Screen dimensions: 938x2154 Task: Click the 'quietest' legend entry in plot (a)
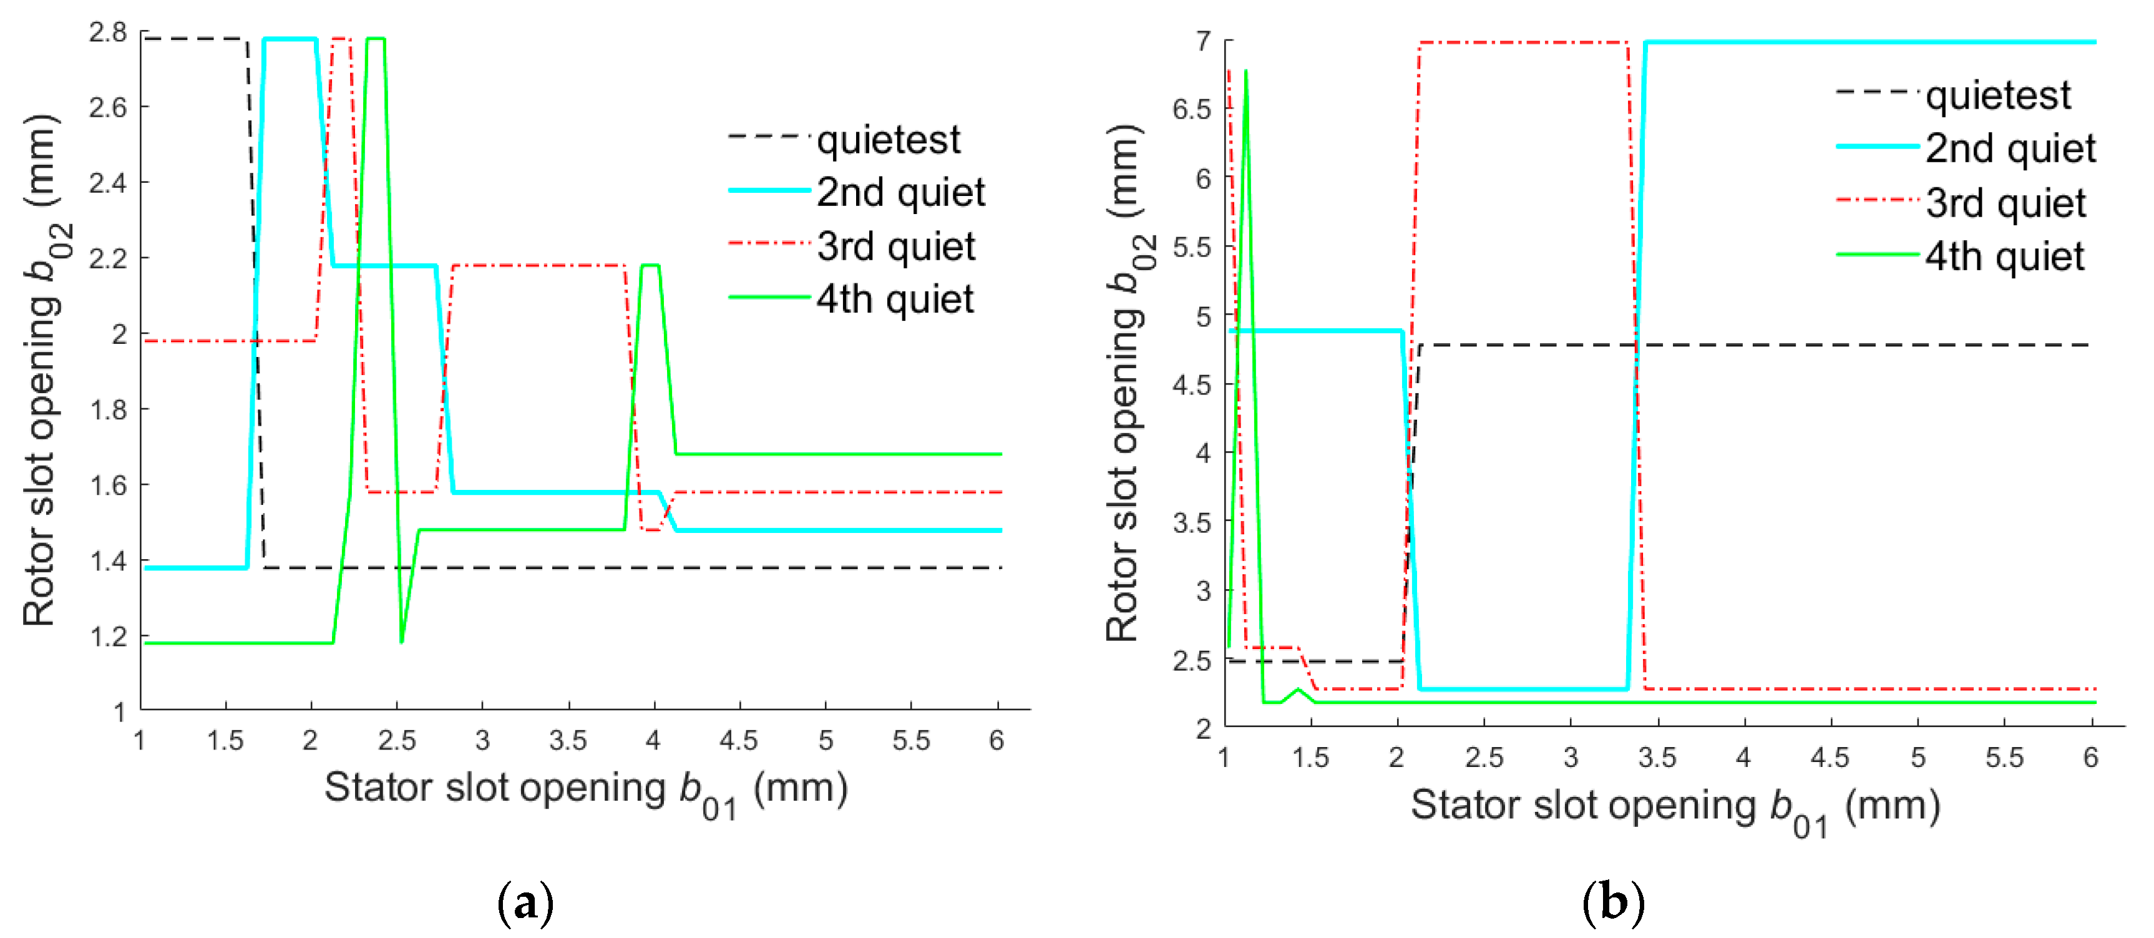click(x=888, y=140)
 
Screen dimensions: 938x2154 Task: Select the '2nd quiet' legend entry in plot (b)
click(x=2009, y=149)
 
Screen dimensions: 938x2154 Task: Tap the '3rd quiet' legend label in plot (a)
click(x=895, y=247)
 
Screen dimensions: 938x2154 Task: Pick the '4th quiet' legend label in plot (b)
click(x=2004, y=256)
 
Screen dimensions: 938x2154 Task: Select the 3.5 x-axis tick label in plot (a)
click(x=568, y=741)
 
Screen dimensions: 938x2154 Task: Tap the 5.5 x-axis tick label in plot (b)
click(x=2004, y=758)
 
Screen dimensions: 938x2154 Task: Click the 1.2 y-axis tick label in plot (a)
click(x=108, y=637)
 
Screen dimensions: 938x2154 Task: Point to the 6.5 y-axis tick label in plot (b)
click(x=1192, y=109)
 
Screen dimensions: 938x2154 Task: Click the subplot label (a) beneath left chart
click(x=525, y=903)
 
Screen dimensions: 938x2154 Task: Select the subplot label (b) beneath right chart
click(x=1613, y=903)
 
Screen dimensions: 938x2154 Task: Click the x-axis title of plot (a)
click(x=585, y=790)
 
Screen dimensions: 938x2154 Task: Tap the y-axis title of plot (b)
click(x=1124, y=383)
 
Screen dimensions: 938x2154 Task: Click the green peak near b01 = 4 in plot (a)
click(x=650, y=266)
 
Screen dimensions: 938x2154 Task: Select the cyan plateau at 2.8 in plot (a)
click(x=290, y=39)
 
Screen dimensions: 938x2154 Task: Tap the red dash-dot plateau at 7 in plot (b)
click(x=1522, y=42)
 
